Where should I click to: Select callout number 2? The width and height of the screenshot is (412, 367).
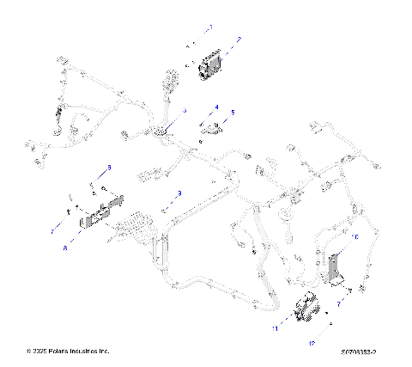tap(239, 40)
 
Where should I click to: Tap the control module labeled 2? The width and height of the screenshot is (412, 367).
tap(211, 67)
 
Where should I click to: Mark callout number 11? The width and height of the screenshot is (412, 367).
tap(276, 328)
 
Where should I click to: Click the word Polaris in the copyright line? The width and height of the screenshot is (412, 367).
tap(61, 352)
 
